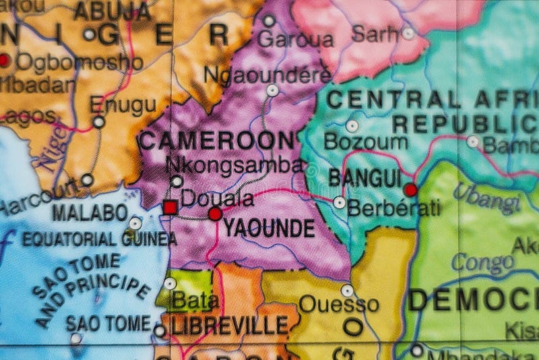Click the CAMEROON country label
[x=216, y=141]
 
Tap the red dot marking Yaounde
[x=215, y=214]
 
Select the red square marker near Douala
[x=170, y=207]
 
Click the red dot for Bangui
[x=410, y=190]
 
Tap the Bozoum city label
[x=365, y=142]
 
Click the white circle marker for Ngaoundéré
[x=272, y=90]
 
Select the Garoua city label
[x=296, y=39]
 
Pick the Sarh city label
[x=375, y=32]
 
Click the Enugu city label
[x=123, y=104]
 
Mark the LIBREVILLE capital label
[x=230, y=326]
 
